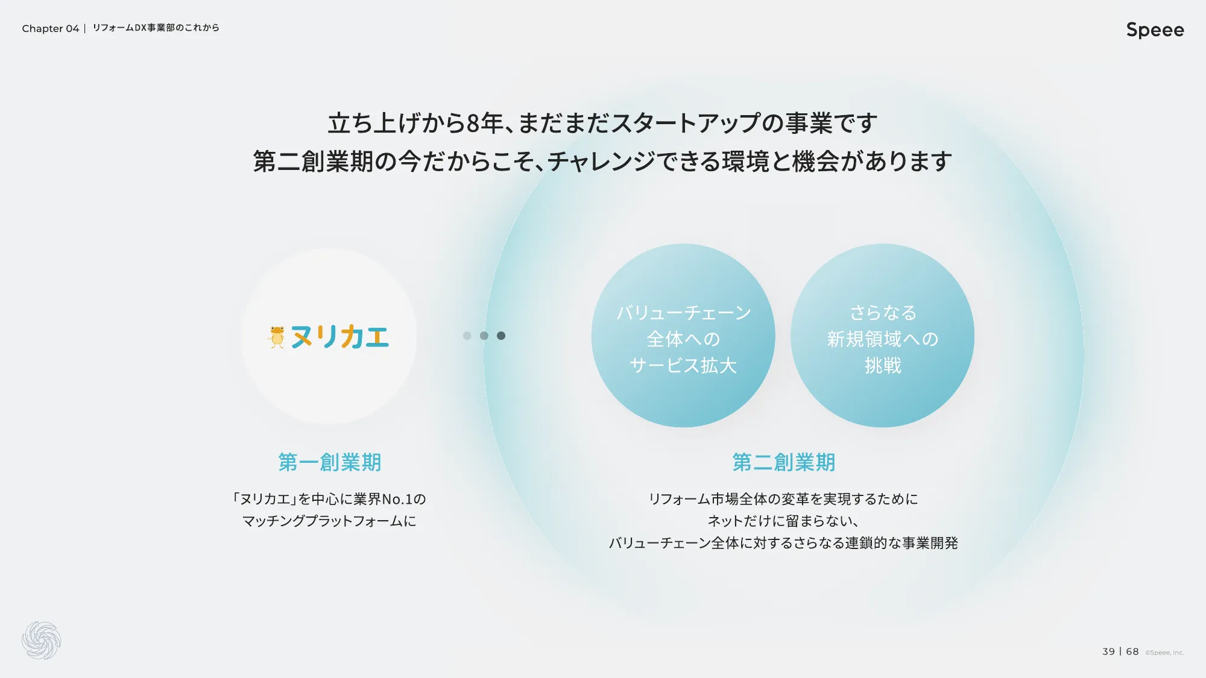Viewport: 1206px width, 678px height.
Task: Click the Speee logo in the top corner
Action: [x=1155, y=30]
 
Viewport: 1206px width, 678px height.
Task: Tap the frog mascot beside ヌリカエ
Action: [x=277, y=337]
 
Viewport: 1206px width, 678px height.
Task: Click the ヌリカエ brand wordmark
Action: [x=340, y=336]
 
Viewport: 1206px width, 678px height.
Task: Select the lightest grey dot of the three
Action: [x=467, y=336]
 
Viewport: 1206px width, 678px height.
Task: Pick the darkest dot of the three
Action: [x=501, y=336]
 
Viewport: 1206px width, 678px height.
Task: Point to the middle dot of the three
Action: [x=484, y=336]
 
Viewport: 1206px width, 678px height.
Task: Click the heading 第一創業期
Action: [x=329, y=462]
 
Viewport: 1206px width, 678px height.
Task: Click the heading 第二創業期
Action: [x=783, y=462]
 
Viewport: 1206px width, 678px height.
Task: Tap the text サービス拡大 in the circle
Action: [x=683, y=366]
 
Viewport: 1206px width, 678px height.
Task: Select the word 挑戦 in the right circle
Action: [x=883, y=366]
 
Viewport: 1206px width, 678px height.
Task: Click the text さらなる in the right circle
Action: [x=883, y=313]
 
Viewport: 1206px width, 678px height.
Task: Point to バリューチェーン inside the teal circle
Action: [x=683, y=313]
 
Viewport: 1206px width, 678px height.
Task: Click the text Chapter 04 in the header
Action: [x=51, y=28]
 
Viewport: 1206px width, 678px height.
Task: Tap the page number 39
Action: [x=1108, y=651]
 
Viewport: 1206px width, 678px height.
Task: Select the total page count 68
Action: [x=1132, y=651]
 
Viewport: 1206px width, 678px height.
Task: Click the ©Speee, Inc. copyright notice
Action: [x=1164, y=653]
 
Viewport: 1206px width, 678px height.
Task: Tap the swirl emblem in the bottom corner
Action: [x=42, y=640]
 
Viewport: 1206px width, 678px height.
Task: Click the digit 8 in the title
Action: [x=473, y=124]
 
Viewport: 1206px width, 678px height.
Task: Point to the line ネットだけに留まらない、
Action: [x=783, y=521]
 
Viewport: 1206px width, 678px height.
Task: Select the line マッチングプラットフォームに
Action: [x=329, y=521]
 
